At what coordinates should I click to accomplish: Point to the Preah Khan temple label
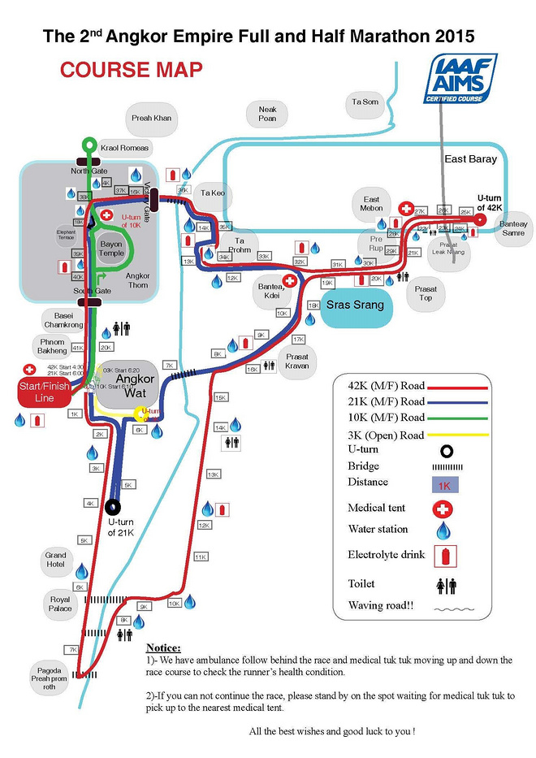(151, 119)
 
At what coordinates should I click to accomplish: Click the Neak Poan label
(267, 114)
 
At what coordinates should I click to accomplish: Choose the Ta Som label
(365, 102)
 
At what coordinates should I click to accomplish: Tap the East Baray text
(470, 159)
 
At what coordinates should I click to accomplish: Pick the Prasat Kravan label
(297, 361)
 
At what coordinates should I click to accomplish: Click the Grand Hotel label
(55, 560)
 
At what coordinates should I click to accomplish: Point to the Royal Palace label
(60, 604)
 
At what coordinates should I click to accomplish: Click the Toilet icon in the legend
(446, 585)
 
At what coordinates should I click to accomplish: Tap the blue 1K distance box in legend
(443, 486)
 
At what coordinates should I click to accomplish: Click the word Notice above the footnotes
(163, 648)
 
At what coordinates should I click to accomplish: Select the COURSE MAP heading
(131, 70)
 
